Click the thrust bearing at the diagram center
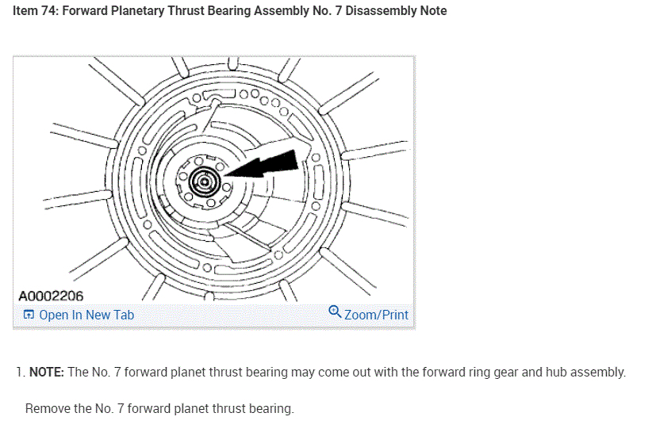click(x=204, y=182)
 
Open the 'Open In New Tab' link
click(x=86, y=315)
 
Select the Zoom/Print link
click(x=376, y=315)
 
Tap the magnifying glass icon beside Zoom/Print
click(x=335, y=313)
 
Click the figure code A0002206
click(x=51, y=296)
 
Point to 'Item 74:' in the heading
click(x=35, y=11)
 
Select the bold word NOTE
click(x=46, y=372)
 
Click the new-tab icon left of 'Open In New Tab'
click(x=29, y=315)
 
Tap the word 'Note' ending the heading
click(x=431, y=11)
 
